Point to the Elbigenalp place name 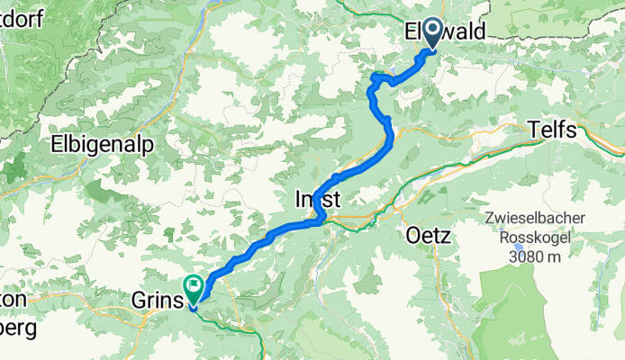coord(102,144)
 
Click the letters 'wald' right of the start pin coord(466,31)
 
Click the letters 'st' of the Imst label coord(333,198)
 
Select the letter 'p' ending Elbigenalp coord(147,146)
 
